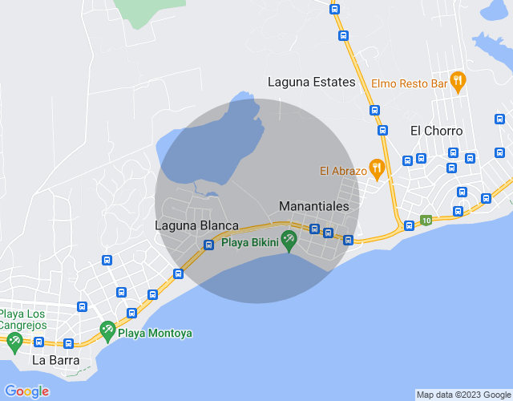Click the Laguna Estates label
tap(311, 82)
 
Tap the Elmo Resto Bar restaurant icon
tap(458, 79)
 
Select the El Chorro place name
tap(436, 131)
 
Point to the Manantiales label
tap(314, 206)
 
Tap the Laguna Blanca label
tap(196, 226)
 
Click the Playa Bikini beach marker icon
tap(289, 240)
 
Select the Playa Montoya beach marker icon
tap(107, 330)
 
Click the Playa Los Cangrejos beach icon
tap(14, 342)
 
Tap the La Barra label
tap(55, 360)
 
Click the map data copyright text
tap(463, 395)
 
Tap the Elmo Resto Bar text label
tap(408, 82)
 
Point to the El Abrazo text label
tap(342, 170)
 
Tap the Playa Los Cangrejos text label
tap(23, 319)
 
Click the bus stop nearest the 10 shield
tap(410, 225)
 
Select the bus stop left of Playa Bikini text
tap(208, 245)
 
